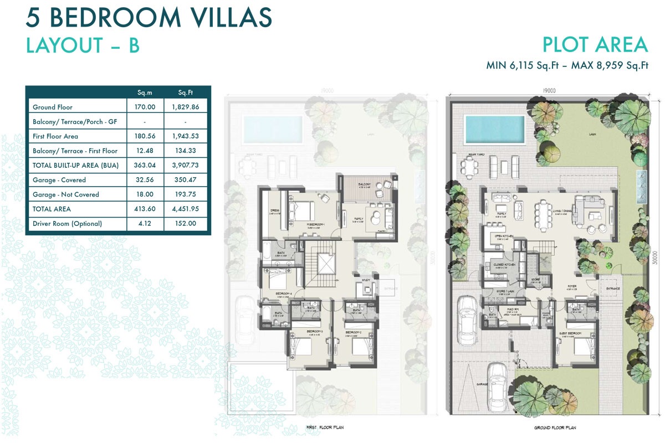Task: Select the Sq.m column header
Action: [145, 92]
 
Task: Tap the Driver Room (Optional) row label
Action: [67, 223]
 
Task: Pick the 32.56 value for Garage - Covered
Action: [145, 180]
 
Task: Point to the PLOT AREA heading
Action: [595, 44]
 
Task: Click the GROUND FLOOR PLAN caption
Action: [555, 428]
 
